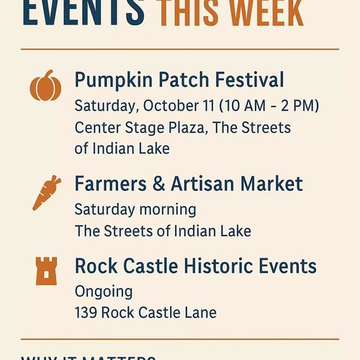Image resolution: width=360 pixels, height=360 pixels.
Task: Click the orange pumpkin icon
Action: (45, 86)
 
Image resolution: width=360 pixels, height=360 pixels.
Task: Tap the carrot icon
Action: (45, 193)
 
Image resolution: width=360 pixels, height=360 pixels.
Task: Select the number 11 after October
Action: (210, 105)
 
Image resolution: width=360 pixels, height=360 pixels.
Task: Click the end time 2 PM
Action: (300, 105)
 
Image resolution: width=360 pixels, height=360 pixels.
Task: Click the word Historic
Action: (220, 266)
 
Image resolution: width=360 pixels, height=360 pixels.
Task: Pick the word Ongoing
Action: (104, 292)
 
